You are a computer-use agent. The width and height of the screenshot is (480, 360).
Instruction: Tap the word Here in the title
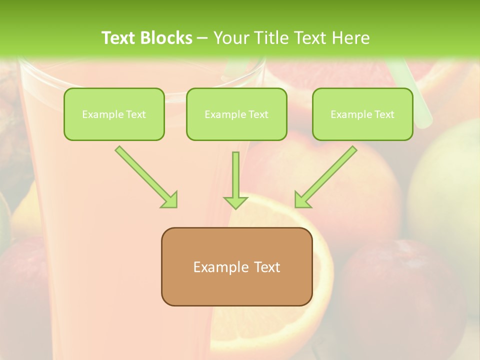tap(349, 38)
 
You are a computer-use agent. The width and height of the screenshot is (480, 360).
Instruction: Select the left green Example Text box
tap(114, 114)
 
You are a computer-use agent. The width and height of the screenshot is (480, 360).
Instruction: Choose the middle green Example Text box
tap(236, 114)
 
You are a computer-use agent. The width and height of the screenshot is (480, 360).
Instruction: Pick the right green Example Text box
tap(362, 114)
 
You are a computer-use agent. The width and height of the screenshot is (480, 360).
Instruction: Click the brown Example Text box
tap(236, 266)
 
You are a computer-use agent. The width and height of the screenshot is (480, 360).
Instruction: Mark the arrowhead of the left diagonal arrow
tap(169, 200)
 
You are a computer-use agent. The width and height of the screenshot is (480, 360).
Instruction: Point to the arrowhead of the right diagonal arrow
tap(302, 200)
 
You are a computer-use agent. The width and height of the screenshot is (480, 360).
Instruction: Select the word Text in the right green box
tap(384, 114)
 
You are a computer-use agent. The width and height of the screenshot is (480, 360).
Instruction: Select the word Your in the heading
tap(229, 38)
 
